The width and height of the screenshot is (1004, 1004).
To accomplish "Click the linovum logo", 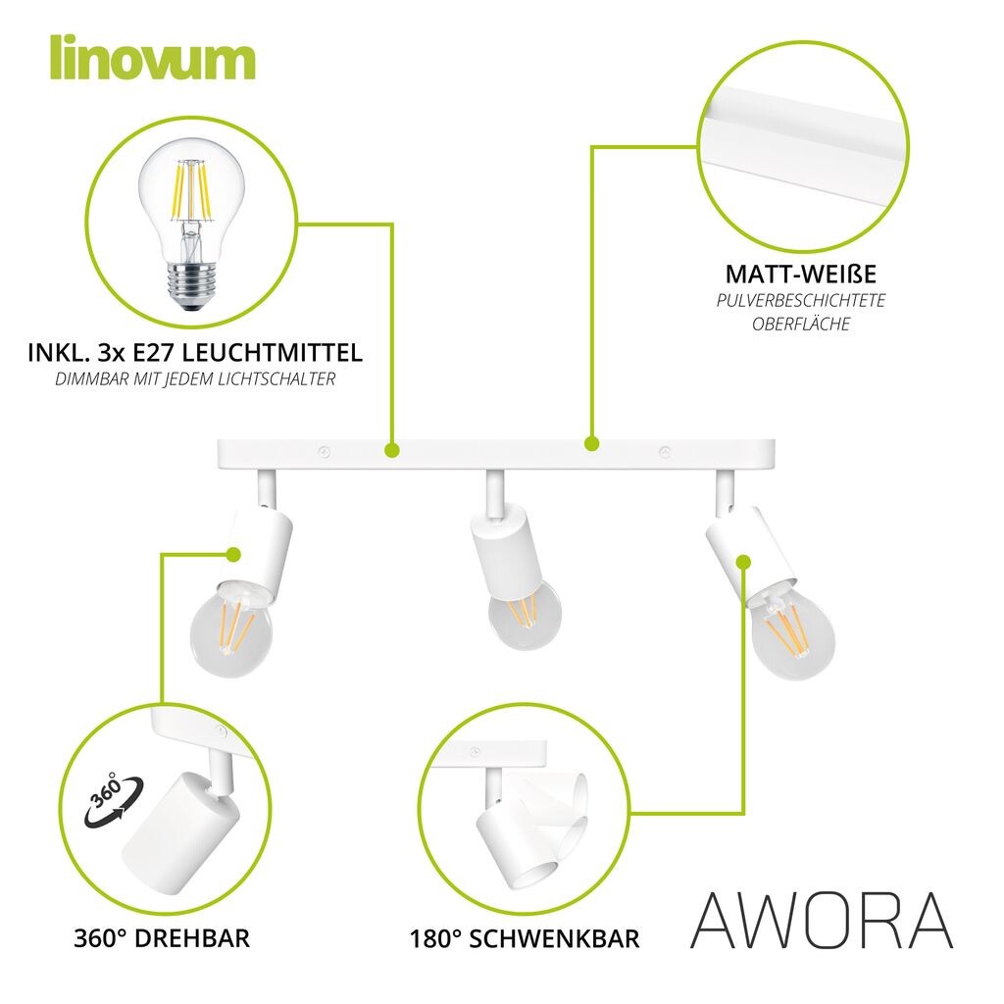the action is pyautogui.click(x=152, y=58).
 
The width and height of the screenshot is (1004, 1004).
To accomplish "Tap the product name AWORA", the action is pyautogui.click(x=823, y=921).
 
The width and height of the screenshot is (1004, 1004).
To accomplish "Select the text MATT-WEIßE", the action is pyautogui.click(x=800, y=275).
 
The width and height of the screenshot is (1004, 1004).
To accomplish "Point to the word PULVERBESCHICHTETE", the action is pyautogui.click(x=801, y=300).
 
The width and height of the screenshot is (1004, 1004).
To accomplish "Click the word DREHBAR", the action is pyautogui.click(x=193, y=938).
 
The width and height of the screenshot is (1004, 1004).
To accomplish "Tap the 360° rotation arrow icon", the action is pyautogui.click(x=114, y=800).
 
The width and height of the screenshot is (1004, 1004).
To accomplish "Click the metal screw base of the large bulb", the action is pyautogui.click(x=191, y=284).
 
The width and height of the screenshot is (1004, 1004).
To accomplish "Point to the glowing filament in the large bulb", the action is pyautogui.click(x=190, y=191).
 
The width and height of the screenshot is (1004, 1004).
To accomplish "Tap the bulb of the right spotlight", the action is pyautogui.click(x=792, y=634).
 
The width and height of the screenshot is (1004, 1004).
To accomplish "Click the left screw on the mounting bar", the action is pyautogui.click(x=325, y=453).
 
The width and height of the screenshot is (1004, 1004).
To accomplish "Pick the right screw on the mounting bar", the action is pyautogui.click(x=666, y=452).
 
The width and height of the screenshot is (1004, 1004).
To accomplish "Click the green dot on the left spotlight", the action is pyautogui.click(x=233, y=555).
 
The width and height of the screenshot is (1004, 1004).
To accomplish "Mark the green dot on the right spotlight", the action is pyautogui.click(x=743, y=562).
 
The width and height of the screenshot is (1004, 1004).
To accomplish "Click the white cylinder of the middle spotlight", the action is pyautogui.click(x=505, y=551).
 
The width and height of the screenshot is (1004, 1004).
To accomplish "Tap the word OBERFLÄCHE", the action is pyautogui.click(x=801, y=324).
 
